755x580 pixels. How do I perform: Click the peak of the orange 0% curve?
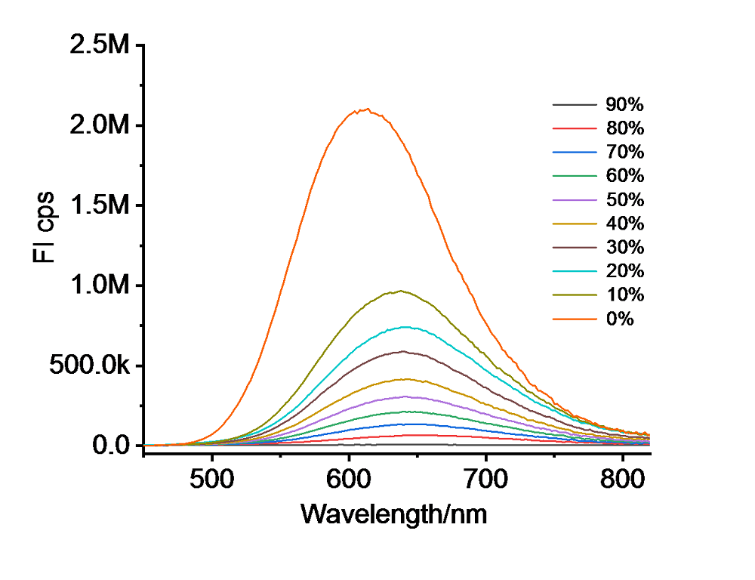[365, 110]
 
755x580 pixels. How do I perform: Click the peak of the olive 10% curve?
[400, 291]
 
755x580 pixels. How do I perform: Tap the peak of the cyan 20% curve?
[407, 327]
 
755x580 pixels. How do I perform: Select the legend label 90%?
[624, 105]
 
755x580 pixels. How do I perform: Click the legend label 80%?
[624, 128]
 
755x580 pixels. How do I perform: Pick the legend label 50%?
[624, 200]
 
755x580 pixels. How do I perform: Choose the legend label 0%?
[619, 319]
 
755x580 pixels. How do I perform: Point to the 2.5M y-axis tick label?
[100, 45]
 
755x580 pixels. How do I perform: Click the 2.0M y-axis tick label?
[100, 125]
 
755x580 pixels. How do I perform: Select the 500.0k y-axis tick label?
[91, 366]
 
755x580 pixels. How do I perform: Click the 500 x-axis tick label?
[212, 478]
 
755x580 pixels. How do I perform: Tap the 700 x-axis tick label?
[485, 478]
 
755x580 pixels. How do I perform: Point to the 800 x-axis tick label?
[622, 478]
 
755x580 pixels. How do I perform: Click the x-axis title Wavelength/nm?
[393, 515]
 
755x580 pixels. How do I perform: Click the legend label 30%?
[624, 248]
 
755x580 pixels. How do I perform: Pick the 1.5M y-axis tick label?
[100, 205]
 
